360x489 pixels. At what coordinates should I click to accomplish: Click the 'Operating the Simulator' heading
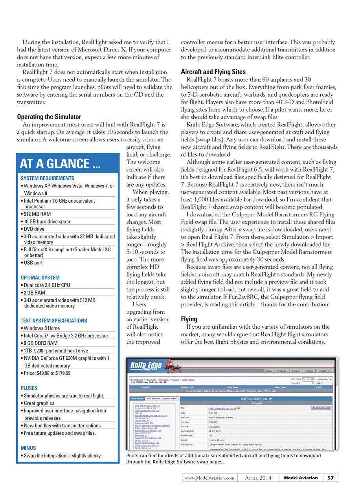(49, 117)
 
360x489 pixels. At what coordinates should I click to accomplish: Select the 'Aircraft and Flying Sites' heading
(213, 72)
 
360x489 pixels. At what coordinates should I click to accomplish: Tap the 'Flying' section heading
(189, 319)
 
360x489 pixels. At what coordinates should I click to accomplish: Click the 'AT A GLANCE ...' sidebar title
(60, 163)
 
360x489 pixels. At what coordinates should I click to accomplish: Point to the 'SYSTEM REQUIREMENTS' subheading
(47, 178)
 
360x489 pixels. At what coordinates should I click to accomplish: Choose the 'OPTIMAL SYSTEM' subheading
(40, 278)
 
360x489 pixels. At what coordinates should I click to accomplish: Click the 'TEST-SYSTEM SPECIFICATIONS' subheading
(53, 321)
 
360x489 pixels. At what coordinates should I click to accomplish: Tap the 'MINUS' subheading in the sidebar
(28, 448)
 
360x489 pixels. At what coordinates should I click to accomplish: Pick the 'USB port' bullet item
(33, 263)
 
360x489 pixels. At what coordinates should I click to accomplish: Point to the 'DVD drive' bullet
(35, 229)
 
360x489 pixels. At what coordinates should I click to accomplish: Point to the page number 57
(330, 478)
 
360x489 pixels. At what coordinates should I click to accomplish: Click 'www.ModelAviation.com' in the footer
(209, 478)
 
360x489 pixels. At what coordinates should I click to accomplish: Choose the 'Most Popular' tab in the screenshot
(153, 398)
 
